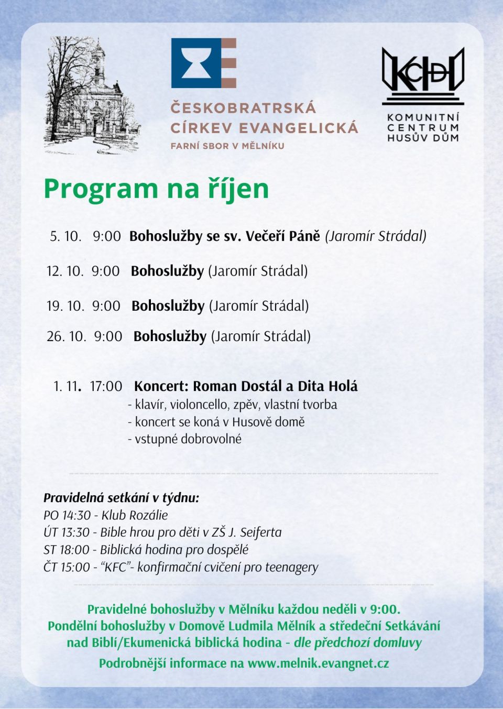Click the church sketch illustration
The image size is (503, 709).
(92, 95)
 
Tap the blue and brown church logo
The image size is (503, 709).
(203, 63)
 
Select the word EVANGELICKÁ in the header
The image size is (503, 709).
(299, 128)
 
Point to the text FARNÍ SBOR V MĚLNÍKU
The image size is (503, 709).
(227, 146)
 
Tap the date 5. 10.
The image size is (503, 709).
(65, 236)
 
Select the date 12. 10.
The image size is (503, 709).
(65, 271)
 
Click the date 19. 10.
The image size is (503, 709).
(65, 306)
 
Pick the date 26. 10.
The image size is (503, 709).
(66, 336)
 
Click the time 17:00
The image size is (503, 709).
(106, 386)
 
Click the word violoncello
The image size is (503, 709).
(206, 405)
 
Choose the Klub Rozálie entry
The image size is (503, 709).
(135, 515)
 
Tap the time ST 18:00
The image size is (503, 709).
(67, 550)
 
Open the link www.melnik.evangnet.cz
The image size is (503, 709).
(318, 663)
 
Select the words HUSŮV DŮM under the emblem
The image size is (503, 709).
(423, 138)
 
